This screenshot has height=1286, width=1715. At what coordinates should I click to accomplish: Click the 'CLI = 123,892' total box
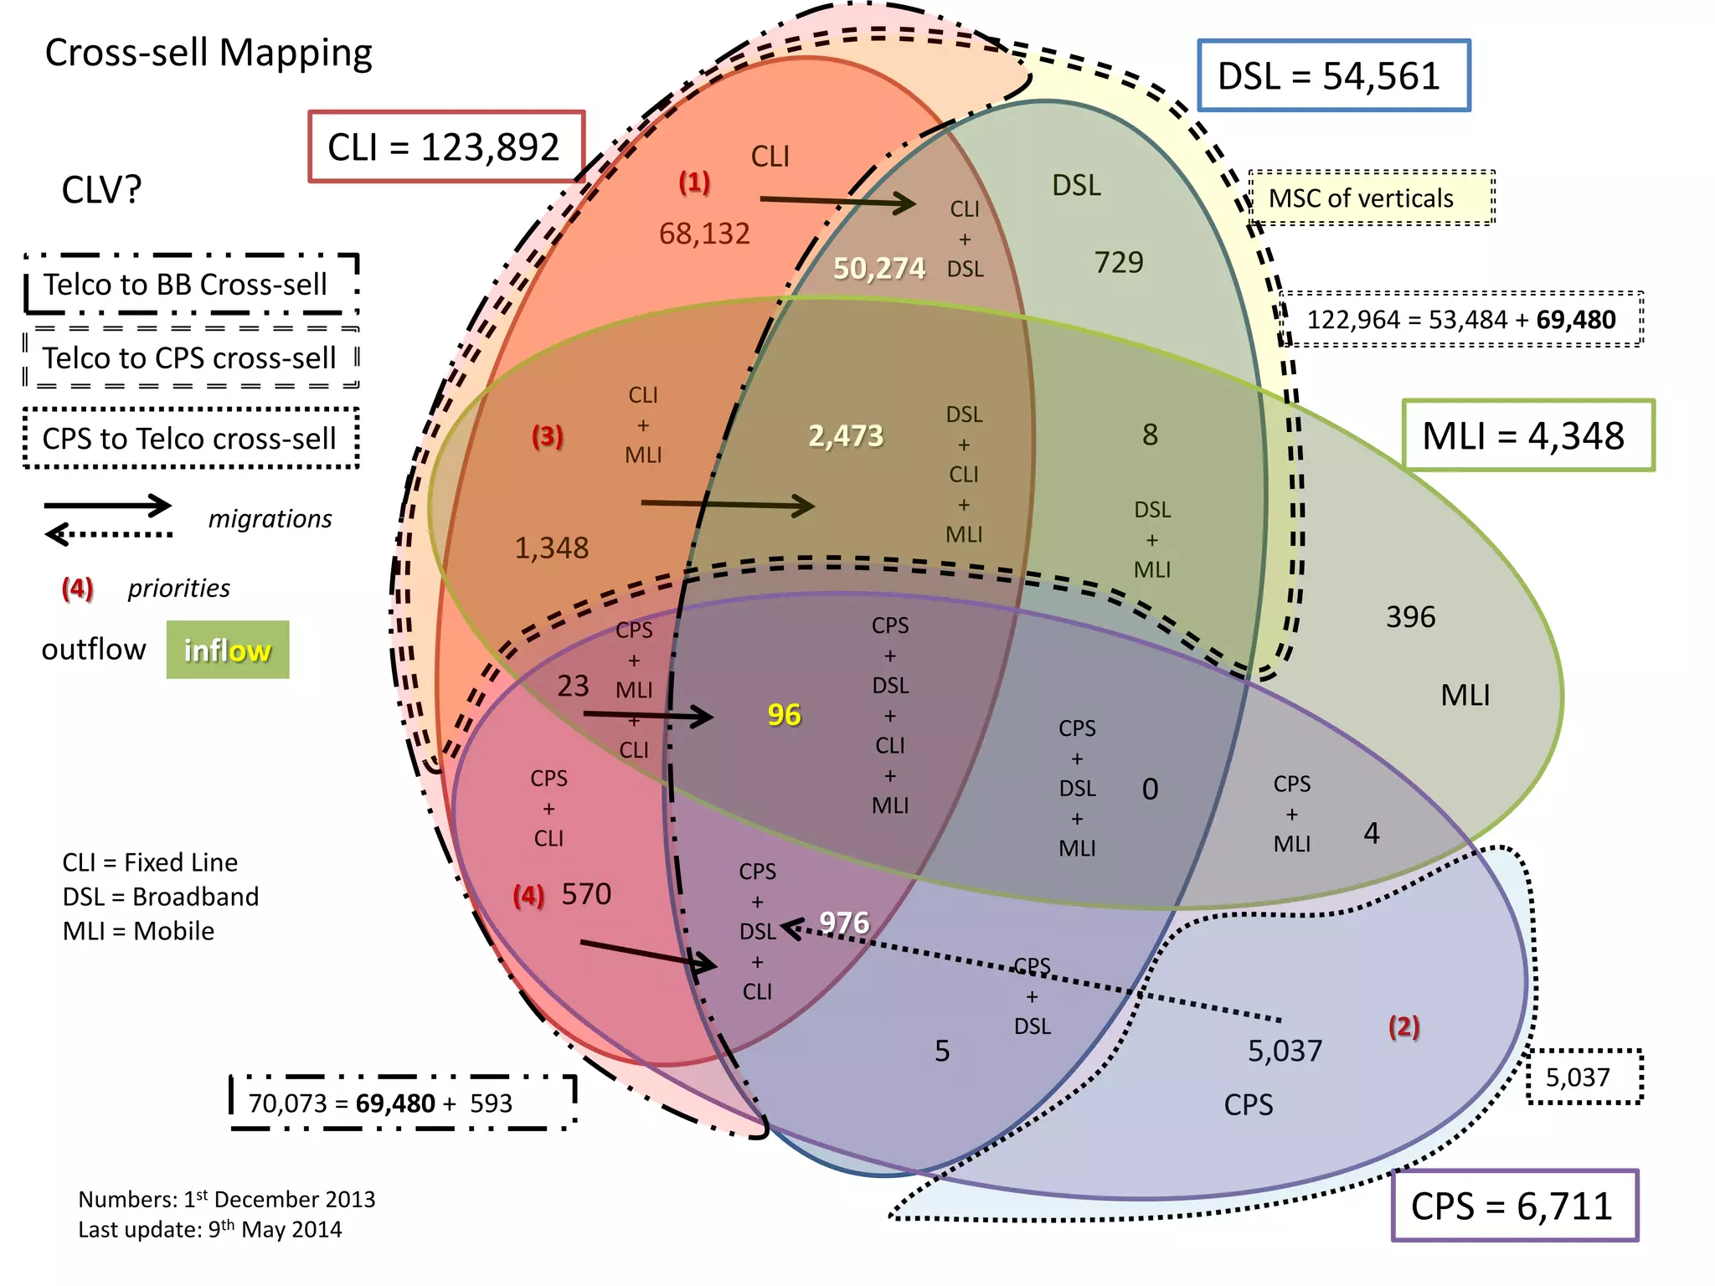445,147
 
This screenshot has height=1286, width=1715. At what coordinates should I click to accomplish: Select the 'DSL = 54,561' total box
1333,76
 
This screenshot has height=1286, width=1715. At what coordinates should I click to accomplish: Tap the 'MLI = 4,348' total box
1527,436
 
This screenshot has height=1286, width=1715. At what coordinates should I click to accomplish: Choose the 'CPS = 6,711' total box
1514,1206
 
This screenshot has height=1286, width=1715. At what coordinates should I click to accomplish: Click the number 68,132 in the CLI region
704,234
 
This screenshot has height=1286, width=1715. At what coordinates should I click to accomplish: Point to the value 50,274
878,268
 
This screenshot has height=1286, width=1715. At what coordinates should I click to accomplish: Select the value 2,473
846,435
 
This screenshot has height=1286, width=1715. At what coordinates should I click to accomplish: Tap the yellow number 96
784,714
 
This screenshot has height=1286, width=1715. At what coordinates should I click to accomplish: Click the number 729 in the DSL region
1119,263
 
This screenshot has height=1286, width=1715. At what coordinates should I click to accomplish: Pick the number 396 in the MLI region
1410,617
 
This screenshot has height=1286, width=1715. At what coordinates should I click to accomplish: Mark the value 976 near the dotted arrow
844,922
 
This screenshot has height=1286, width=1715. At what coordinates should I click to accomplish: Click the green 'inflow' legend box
228,650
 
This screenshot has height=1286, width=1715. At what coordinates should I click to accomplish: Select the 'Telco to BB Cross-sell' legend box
192,285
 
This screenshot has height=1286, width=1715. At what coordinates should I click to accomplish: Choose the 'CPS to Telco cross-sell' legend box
191,438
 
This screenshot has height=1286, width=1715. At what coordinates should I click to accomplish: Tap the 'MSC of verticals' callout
1371,198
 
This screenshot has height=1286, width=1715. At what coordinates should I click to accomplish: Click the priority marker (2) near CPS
1403,1026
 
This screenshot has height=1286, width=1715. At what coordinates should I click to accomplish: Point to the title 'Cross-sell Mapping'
209,53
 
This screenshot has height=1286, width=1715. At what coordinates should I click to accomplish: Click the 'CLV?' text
101,190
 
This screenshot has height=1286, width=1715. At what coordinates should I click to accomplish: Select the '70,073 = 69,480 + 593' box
403,1103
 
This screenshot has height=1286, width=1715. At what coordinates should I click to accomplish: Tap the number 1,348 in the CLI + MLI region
551,548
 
